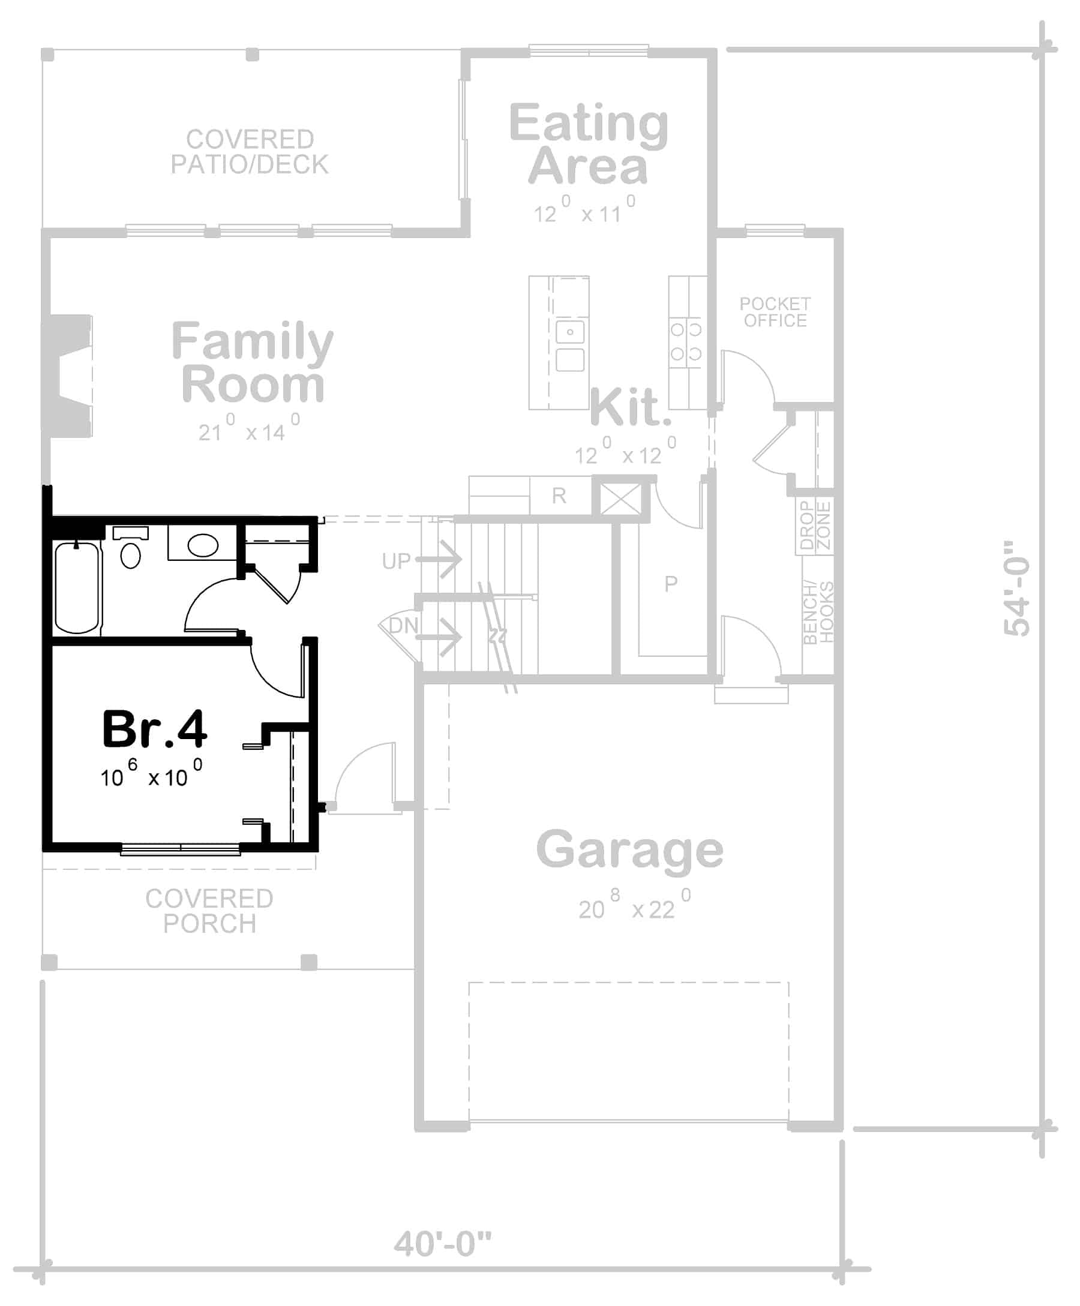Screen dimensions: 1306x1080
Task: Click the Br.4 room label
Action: click(x=154, y=729)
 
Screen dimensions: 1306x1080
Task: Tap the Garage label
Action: click(x=629, y=850)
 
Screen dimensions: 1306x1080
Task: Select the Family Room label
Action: click(x=252, y=362)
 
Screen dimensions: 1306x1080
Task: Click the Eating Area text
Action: click(x=588, y=145)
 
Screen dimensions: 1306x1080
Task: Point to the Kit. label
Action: click(x=630, y=407)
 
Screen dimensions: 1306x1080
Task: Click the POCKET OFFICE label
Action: click(x=775, y=312)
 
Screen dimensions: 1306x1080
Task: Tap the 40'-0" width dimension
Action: click(x=442, y=1243)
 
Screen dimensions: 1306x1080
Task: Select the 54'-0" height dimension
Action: click(x=1016, y=588)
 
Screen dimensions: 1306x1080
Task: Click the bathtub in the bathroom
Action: click(x=77, y=588)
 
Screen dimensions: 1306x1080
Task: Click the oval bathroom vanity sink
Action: click(x=203, y=545)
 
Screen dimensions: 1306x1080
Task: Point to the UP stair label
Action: click(x=396, y=561)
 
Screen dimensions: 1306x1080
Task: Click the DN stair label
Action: click(x=404, y=626)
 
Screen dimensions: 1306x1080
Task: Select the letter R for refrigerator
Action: click(x=559, y=496)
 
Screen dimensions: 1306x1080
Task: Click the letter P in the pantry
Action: click(x=671, y=583)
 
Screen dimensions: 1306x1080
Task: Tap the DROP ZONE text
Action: click(x=815, y=526)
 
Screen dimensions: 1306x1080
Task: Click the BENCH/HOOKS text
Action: click(x=817, y=613)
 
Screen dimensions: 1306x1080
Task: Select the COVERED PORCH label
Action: click(x=209, y=911)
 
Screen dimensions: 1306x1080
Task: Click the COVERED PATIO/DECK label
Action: click(x=250, y=152)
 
